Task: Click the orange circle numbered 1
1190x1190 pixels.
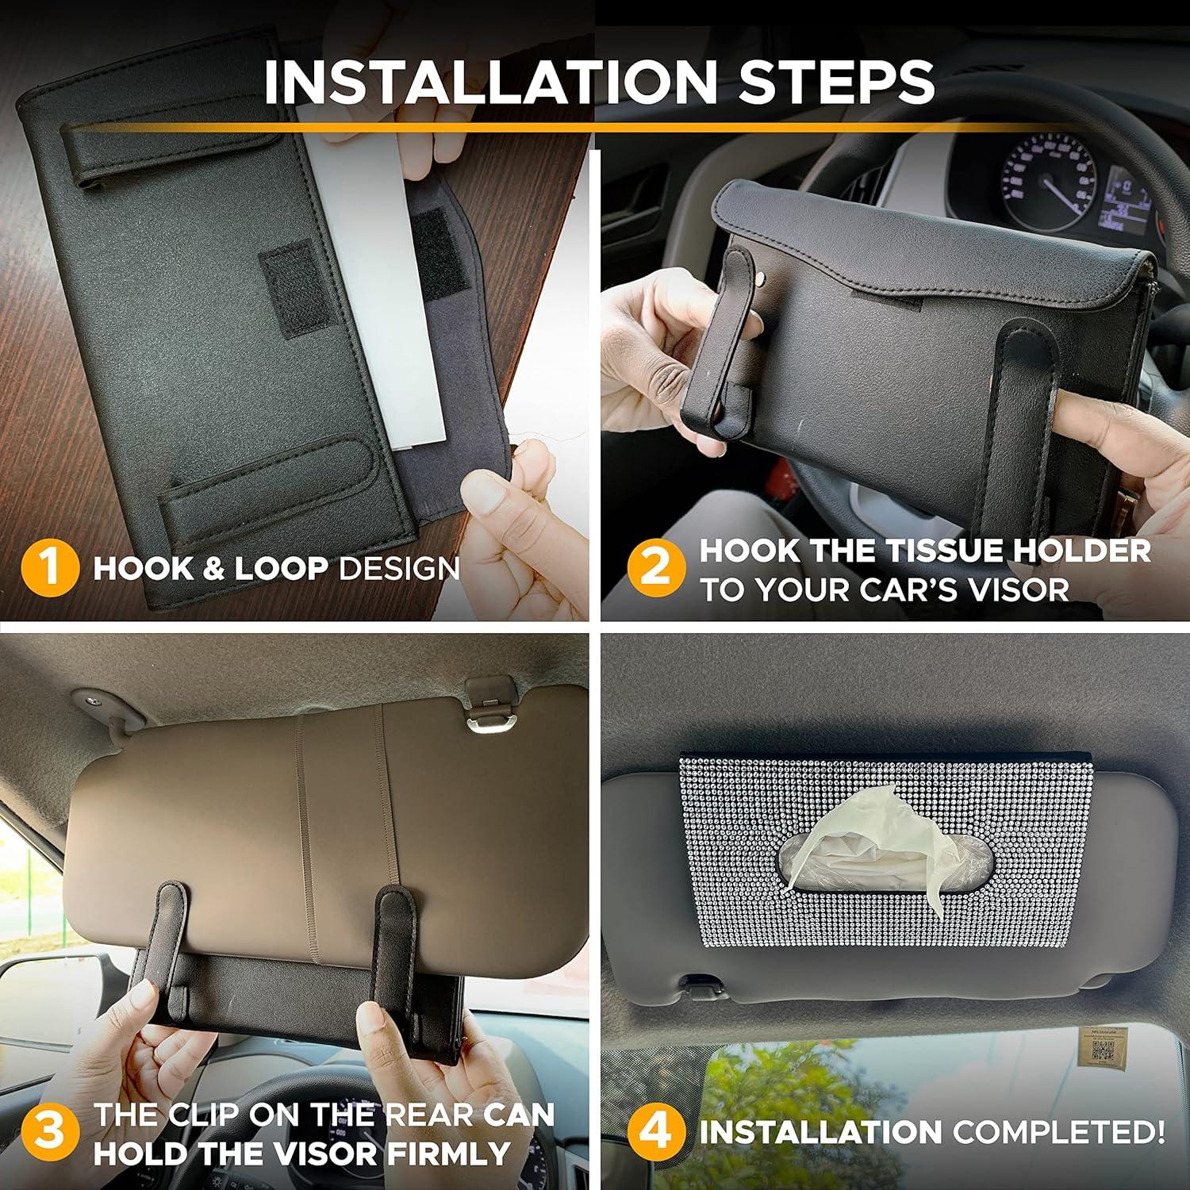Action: coord(49,568)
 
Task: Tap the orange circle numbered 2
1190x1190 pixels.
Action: coord(655,568)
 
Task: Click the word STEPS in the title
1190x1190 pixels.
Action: coord(837,82)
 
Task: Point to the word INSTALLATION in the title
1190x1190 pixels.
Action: coord(490,82)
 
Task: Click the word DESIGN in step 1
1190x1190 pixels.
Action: coord(400,569)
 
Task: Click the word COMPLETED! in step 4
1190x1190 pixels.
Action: coord(1059,1131)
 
